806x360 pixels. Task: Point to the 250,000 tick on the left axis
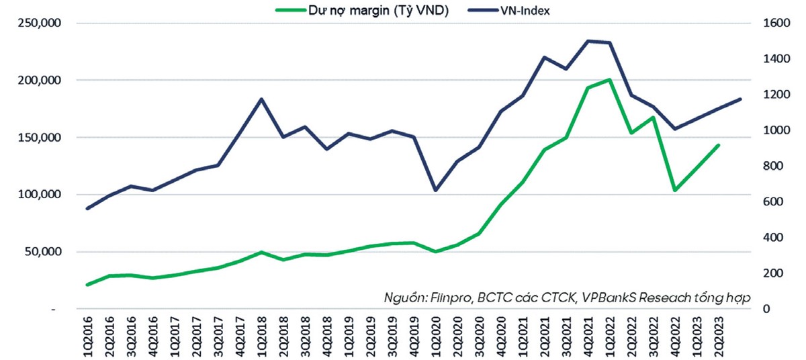coord(42,23)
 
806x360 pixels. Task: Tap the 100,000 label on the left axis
coord(42,195)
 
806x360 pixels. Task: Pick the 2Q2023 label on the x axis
coord(720,336)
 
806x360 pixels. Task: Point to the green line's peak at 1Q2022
coord(609,80)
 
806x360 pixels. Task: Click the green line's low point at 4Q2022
coord(674,190)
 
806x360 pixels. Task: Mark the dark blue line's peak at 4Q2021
coord(588,41)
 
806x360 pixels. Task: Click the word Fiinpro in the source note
coord(448,297)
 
